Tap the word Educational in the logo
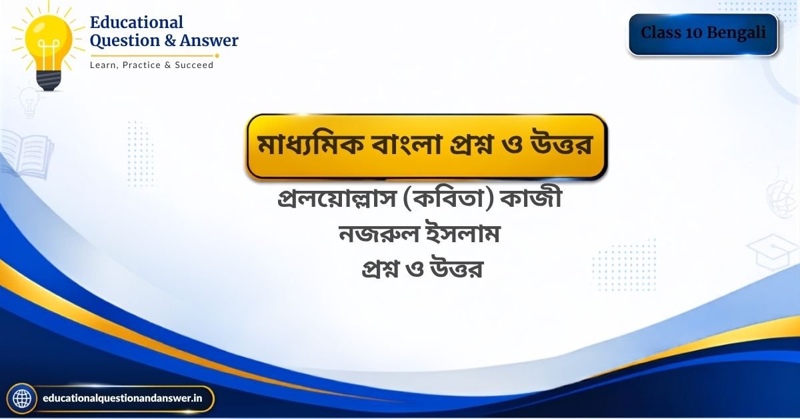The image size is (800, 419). (137, 22)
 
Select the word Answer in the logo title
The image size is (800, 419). (209, 40)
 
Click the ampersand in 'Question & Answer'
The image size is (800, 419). (169, 40)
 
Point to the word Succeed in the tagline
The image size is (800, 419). (194, 65)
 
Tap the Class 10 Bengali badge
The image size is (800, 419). (703, 34)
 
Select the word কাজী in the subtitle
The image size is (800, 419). (531, 197)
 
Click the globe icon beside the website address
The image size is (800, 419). (22, 398)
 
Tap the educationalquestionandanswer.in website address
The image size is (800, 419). (123, 398)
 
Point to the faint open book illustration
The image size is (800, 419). (27, 154)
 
